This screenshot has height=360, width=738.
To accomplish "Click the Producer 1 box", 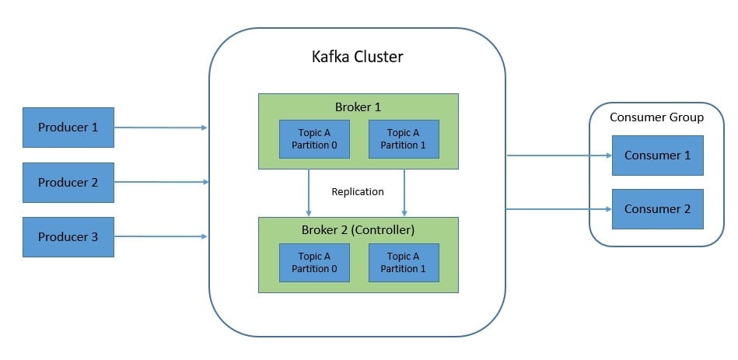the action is [68, 128].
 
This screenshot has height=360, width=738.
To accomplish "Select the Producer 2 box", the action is [68, 183].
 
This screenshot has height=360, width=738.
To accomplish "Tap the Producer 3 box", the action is [68, 237].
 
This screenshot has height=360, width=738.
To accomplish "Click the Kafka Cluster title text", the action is [357, 57].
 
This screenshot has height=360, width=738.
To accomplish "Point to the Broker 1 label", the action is [358, 107].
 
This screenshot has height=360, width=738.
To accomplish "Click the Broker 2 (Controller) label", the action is [358, 230].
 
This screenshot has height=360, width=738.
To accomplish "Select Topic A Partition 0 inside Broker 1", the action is [314, 139].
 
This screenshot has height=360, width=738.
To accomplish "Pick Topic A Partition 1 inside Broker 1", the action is [404, 139].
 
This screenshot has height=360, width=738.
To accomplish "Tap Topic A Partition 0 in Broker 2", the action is [314, 263].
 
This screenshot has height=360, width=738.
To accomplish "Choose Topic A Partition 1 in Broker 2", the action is [404, 263].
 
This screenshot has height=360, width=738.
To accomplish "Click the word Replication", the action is [358, 191].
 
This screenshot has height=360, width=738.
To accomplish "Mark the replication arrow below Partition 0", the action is [308, 193].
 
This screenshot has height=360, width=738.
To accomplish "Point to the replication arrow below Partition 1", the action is [404, 193].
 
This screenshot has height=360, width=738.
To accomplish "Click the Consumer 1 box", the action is [658, 156].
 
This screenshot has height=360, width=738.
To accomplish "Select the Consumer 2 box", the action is [658, 209].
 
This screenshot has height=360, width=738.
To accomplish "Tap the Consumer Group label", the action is [656, 117].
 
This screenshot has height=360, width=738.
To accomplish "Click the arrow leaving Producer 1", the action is [161, 128].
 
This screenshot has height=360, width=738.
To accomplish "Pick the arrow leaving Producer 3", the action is [161, 236].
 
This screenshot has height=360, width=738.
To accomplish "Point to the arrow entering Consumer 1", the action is [559, 156].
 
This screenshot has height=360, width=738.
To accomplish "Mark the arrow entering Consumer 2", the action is [559, 209].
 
